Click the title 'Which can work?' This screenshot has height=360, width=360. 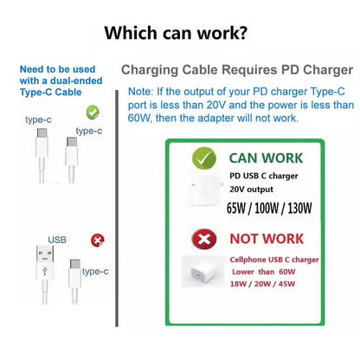tap(176, 33)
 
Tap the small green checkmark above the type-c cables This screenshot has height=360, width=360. tap(93, 112)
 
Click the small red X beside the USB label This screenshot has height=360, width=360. tap(98, 241)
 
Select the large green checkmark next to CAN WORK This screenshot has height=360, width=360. tap(204, 158)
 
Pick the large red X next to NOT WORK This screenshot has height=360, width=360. tap(204, 239)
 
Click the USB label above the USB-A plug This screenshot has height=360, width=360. tap(57, 240)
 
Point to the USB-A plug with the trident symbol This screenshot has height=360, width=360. tap(45, 263)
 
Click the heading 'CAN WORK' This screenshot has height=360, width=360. tap(266, 158)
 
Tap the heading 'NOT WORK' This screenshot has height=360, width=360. tap(267, 239)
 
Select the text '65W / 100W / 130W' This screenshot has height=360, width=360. tap(269, 208)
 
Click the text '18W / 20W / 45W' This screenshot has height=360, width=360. tap(262, 284)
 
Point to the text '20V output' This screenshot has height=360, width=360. tap(251, 190)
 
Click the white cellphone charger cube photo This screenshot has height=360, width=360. tap(203, 272)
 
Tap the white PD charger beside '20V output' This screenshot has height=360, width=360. tap(205, 190)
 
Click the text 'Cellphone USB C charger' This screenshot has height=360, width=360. tap(274, 260)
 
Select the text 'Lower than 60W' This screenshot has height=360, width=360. tap(264, 272)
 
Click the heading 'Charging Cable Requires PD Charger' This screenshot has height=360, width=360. tap(237, 70)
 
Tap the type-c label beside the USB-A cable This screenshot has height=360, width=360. tap(95, 272)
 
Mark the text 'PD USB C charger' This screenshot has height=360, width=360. tap(264, 176)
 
